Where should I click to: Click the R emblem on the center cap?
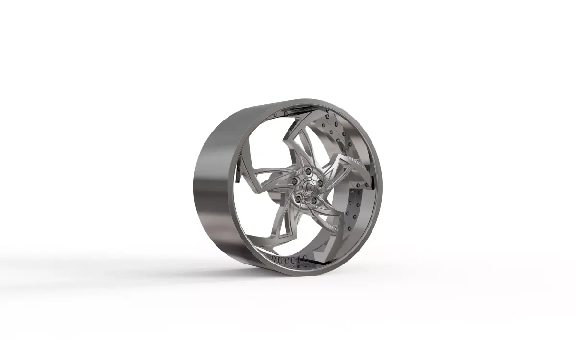pyautogui.click(x=306, y=185)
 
